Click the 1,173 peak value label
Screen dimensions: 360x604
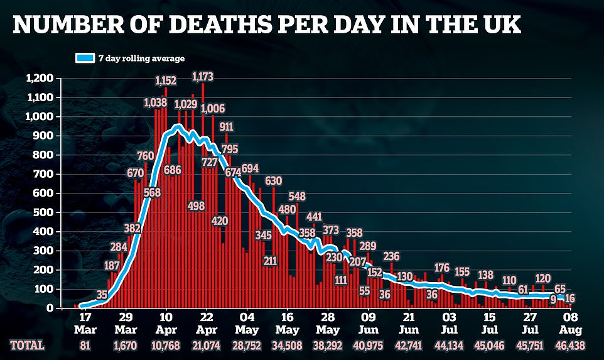pos(202,77)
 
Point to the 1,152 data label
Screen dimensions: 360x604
pos(165,80)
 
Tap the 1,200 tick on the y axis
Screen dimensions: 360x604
pos(40,79)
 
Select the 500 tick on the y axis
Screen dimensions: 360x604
pos(44,212)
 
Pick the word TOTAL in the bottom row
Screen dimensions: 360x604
pos(26,346)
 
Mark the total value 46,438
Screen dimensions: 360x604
pos(569,346)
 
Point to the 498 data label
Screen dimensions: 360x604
pos(197,206)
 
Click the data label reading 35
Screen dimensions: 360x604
pos(102,294)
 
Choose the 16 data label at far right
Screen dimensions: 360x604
pos(570,298)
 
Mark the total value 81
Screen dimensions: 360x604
pos(85,346)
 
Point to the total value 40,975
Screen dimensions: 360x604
pos(368,346)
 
